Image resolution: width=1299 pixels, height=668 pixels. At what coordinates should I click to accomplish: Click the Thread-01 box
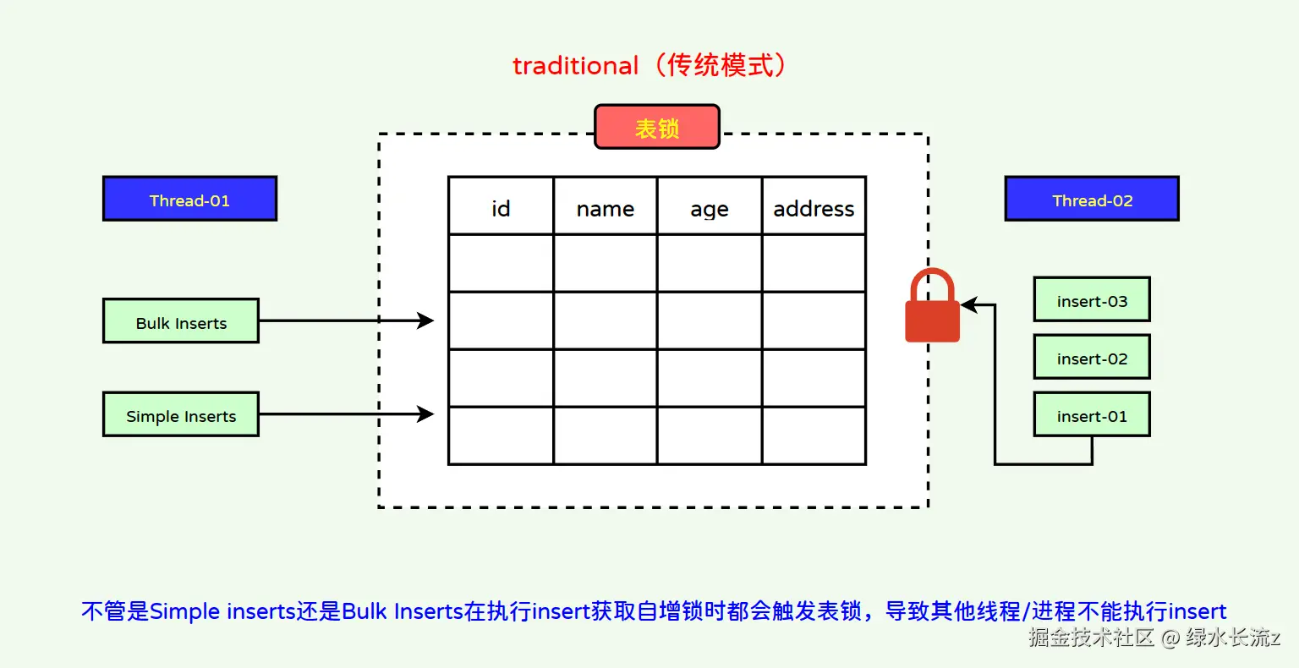(x=189, y=200)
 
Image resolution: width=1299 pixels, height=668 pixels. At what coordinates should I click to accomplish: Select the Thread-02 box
(x=1092, y=200)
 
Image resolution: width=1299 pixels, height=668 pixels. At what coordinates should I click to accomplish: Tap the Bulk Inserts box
(x=181, y=321)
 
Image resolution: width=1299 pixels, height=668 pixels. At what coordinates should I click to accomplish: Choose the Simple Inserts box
(x=181, y=414)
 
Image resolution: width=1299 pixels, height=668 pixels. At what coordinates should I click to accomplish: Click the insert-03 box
(x=1092, y=300)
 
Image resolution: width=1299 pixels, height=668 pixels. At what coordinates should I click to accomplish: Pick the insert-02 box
(x=1092, y=358)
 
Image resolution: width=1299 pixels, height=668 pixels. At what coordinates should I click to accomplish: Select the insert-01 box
(x=1092, y=415)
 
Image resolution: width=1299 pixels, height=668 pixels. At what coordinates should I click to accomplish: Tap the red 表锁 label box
(x=657, y=128)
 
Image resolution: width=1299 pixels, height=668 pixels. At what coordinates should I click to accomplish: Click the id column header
(x=501, y=207)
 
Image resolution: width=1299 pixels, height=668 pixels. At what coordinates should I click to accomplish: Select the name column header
(x=605, y=207)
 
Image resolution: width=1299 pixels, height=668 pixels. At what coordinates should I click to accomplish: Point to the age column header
(x=709, y=207)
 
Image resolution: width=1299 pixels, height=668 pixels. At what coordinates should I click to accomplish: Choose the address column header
(x=814, y=207)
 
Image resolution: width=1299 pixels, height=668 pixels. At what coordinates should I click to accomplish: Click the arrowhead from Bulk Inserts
(x=426, y=320)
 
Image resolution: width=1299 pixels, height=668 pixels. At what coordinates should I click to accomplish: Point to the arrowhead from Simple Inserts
(x=426, y=413)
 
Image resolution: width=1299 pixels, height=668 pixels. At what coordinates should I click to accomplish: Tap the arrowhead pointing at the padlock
(x=969, y=305)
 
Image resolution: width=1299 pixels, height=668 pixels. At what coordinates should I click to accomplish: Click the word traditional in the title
(x=575, y=66)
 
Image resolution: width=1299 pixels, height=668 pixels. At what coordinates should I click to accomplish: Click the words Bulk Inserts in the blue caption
(x=403, y=611)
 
